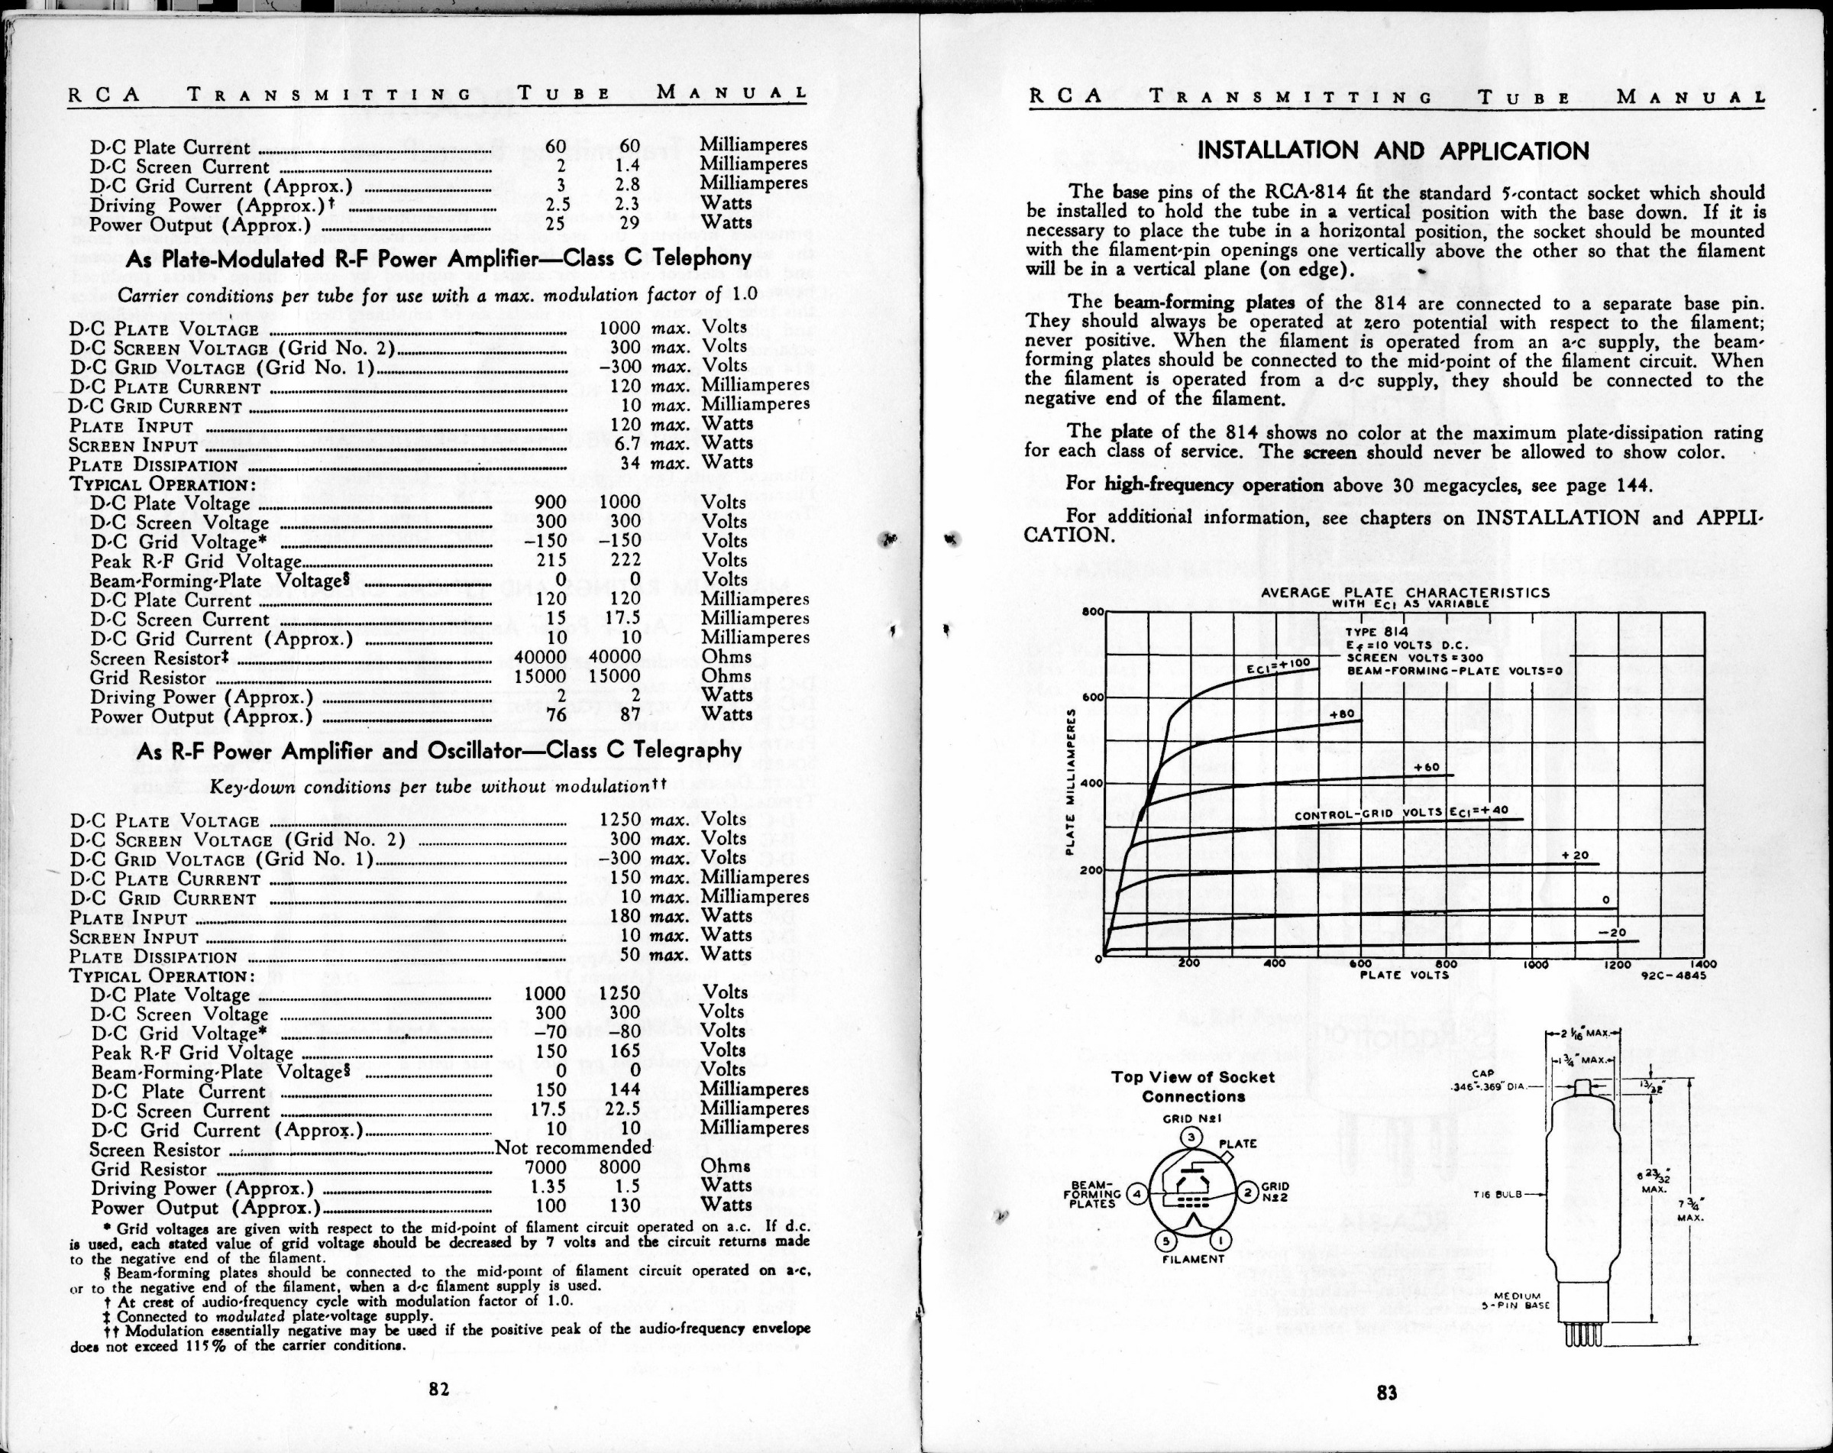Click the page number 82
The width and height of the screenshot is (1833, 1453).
438,1388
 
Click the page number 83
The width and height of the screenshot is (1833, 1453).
1387,1392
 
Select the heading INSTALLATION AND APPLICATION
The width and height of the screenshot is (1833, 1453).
1392,151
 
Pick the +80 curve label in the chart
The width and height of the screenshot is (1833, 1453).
1342,714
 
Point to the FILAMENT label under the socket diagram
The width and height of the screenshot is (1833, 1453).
1193,1259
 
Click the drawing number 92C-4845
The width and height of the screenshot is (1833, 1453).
1673,976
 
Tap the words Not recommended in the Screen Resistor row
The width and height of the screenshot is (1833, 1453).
573,1147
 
